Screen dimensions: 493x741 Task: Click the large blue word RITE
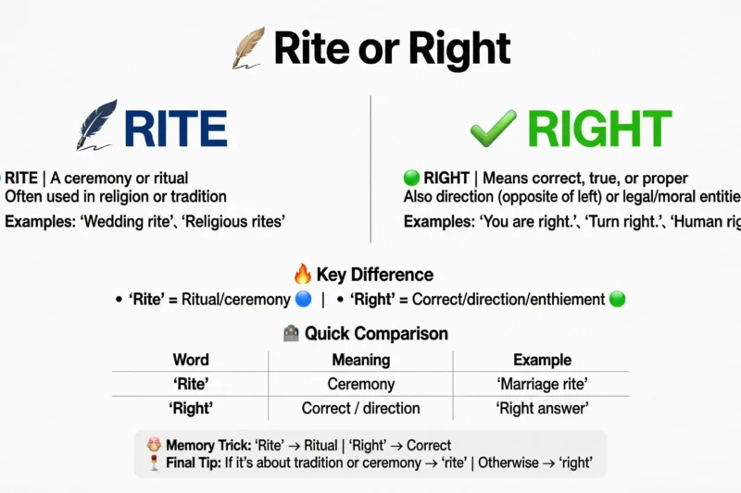pyautogui.click(x=176, y=129)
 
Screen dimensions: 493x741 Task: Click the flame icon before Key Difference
pyautogui.click(x=302, y=274)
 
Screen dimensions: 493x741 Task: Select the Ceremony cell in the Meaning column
pyautogui.click(x=361, y=384)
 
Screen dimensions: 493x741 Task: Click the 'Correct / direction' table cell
pyautogui.click(x=361, y=408)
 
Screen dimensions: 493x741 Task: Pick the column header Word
pyautogui.click(x=191, y=360)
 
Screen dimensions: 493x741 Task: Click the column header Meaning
pyautogui.click(x=361, y=360)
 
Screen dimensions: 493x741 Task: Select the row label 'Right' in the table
pyautogui.click(x=191, y=408)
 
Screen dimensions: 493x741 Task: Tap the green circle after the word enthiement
pyautogui.click(x=618, y=300)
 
